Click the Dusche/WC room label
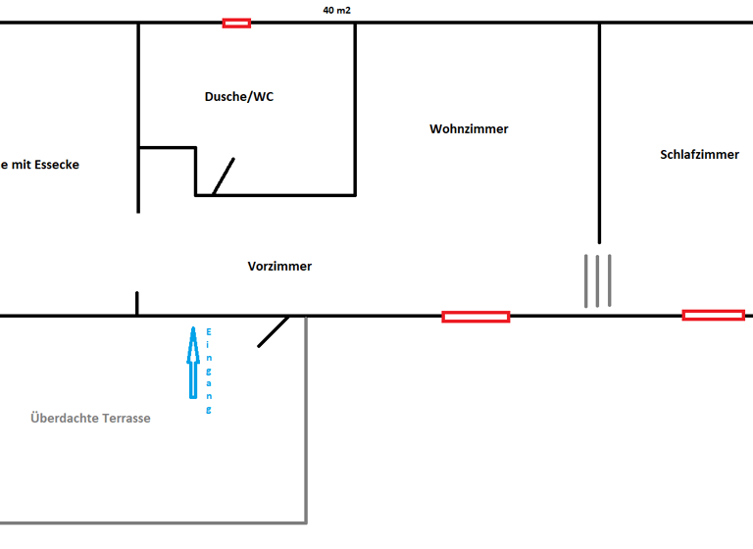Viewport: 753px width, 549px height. coord(239,96)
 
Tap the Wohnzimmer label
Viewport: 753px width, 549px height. coord(469,128)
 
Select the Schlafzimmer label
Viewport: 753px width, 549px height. coord(699,154)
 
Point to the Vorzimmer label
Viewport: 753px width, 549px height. coord(279,266)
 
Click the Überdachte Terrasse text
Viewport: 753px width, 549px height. coord(90,418)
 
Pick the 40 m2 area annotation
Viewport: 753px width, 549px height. coord(336,10)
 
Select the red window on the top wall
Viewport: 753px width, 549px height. coord(236,23)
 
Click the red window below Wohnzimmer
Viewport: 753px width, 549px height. coord(476,316)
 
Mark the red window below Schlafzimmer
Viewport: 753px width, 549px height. coord(713,315)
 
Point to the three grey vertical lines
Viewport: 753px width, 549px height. coord(598,280)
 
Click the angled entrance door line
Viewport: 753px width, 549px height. coord(274,331)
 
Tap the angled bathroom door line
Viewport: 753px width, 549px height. coord(224,176)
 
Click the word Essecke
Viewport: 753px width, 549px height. coord(56,165)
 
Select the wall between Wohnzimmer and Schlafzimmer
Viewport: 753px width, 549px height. coord(599,132)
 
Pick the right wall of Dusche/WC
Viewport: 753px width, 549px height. coord(355,108)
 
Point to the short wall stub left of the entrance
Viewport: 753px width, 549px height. coord(137,303)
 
